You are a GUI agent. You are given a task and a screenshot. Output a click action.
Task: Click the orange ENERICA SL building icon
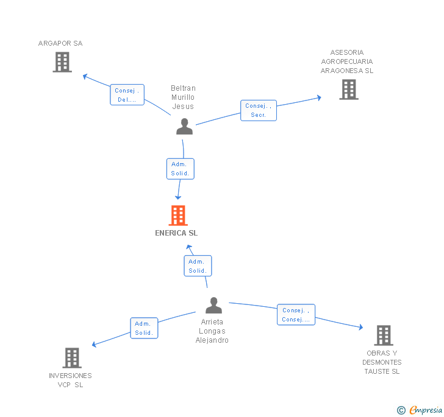177,216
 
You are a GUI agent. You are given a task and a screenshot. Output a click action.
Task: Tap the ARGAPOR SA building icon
62,62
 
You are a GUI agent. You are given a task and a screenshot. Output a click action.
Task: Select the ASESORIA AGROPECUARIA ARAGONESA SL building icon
348,89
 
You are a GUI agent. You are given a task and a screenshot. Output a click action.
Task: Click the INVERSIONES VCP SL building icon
71,358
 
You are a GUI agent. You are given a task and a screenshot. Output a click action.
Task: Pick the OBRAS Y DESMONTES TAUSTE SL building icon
383,335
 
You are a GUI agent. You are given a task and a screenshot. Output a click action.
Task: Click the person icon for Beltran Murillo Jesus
184,126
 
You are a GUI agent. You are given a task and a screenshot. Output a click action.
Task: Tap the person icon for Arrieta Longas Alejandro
213,305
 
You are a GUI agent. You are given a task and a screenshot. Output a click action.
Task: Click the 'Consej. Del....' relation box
127,95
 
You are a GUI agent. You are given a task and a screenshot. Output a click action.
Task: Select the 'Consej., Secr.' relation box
258,110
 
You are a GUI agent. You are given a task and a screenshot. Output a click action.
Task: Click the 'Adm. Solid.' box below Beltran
181,169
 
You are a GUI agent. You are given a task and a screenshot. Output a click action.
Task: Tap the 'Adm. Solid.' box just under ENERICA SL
198,266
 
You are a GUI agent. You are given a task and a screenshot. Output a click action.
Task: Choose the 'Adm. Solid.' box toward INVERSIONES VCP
144,328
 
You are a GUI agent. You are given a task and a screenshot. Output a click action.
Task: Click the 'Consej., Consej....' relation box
296,315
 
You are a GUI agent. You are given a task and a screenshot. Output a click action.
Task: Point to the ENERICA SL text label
176,233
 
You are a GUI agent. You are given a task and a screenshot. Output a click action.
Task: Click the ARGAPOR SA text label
60,43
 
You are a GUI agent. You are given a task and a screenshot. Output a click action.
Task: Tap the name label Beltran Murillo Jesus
183,97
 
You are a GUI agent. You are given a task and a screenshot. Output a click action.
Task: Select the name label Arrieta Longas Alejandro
212,331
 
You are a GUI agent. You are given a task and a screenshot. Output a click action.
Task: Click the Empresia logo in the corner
420,410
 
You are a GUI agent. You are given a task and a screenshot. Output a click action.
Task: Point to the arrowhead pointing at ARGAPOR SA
85,76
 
